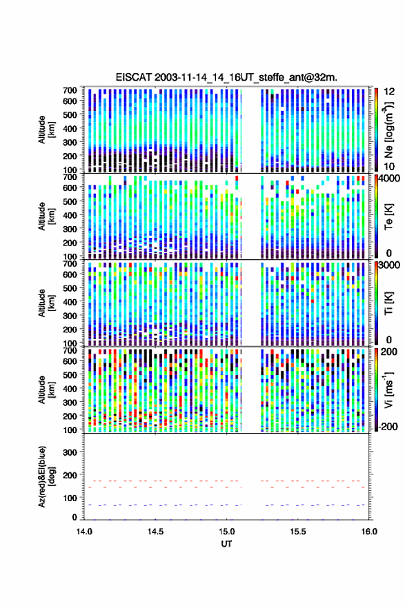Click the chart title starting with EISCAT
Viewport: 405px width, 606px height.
pos(226,77)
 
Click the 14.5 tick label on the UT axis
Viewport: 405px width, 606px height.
pos(155,532)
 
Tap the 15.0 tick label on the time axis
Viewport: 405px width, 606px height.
pos(226,532)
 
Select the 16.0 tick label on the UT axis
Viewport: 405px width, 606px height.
pos(369,532)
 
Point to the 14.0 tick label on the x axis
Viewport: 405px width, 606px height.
pos(84,532)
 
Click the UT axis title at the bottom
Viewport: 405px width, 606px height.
pos(226,544)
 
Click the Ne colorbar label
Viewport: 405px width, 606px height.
pos(388,130)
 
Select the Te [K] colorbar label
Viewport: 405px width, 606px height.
pos(388,216)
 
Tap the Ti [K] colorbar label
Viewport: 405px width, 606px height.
pos(388,303)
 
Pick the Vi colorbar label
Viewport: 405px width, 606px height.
pos(388,390)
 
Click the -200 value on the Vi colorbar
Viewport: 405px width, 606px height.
pos(387,427)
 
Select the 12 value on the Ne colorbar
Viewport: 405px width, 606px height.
pos(389,92)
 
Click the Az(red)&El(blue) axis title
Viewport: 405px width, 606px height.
pos(46,476)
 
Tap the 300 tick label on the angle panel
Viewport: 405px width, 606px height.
pos(70,452)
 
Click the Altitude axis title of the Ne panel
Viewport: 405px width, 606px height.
pos(46,130)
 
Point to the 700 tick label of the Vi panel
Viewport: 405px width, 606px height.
pos(70,350)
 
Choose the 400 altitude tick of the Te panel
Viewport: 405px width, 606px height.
pos(70,215)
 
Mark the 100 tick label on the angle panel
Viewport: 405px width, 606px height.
pos(70,498)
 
